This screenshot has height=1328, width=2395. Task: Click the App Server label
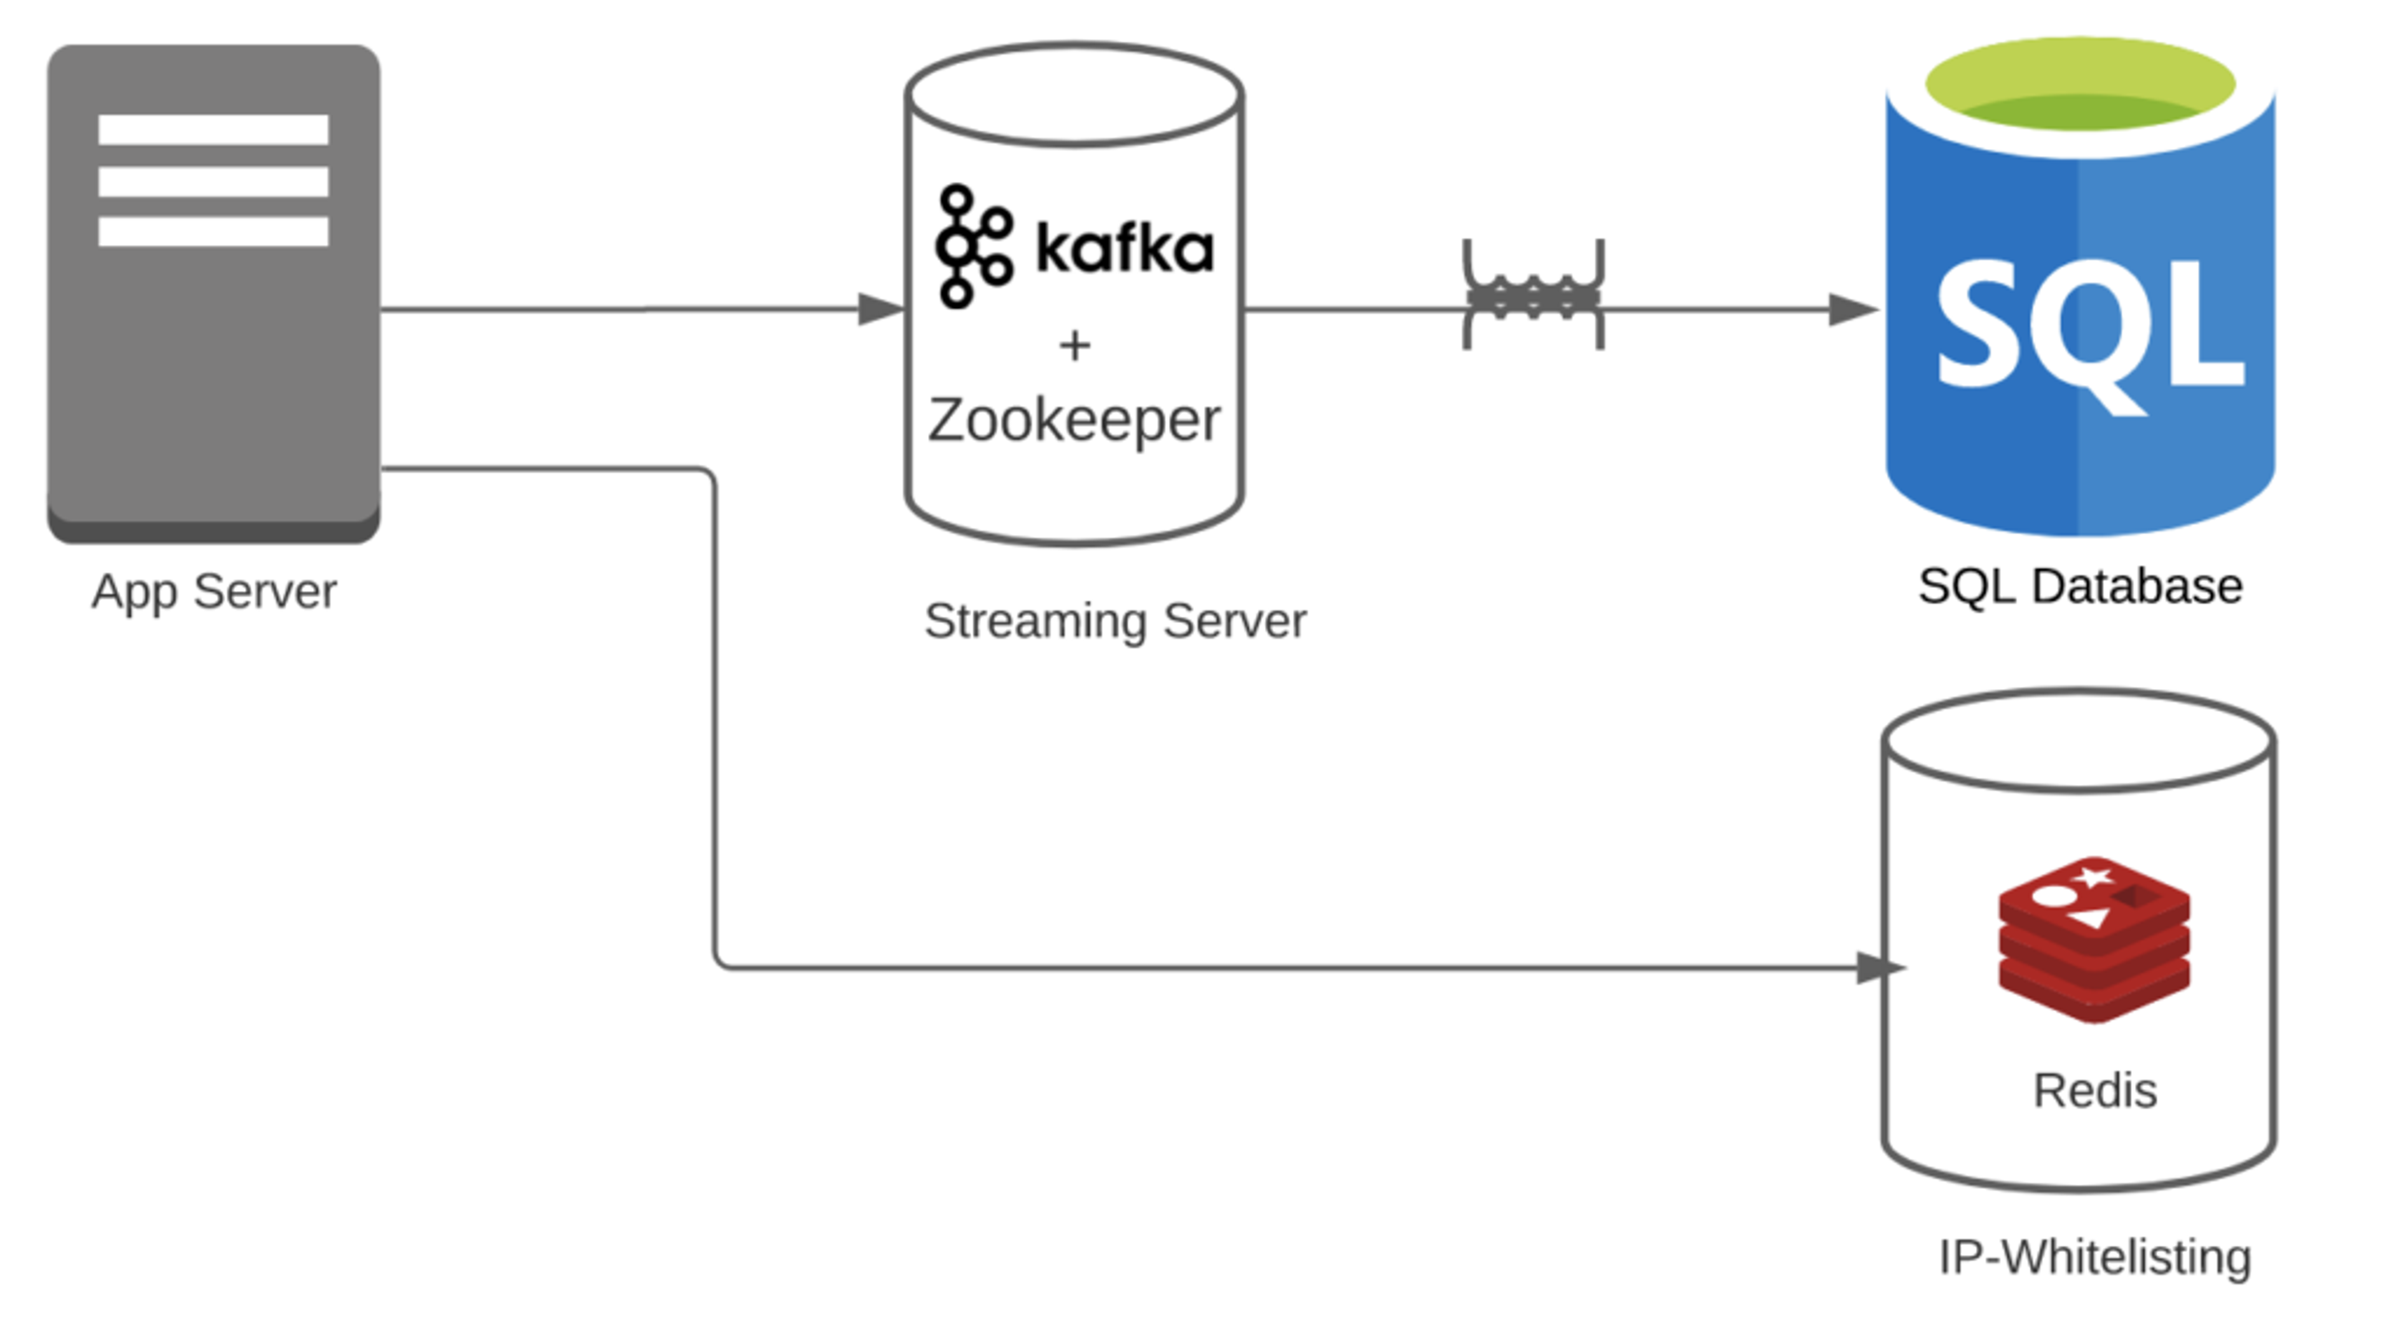point(214,592)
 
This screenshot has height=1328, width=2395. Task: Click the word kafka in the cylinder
point(1124,248)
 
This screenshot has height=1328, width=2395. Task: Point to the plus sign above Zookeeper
point(1075,345)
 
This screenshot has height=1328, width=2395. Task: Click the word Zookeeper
point(1074,421)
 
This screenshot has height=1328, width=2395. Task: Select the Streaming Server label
point(1115,621)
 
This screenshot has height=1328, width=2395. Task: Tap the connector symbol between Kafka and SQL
point(1533,296)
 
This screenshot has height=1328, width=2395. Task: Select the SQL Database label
point(2080,587)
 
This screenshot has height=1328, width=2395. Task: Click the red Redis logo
point(2094,938)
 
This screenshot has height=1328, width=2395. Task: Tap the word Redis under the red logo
point(2095,1091)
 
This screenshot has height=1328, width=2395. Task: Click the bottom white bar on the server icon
point(213,231)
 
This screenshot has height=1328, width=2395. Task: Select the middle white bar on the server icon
point(213,181)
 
